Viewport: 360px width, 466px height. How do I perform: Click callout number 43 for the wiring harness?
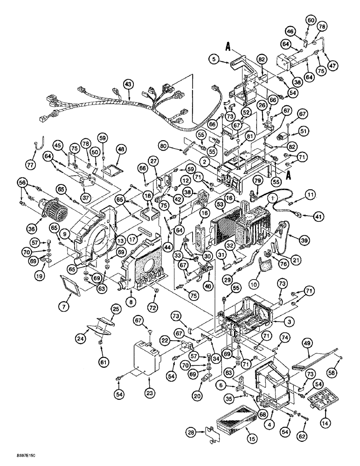(128, 84)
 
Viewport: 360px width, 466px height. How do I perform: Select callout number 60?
(310, 20)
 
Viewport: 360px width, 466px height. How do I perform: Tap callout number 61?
(101, 359)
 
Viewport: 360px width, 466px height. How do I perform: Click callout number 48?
(121, 150)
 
